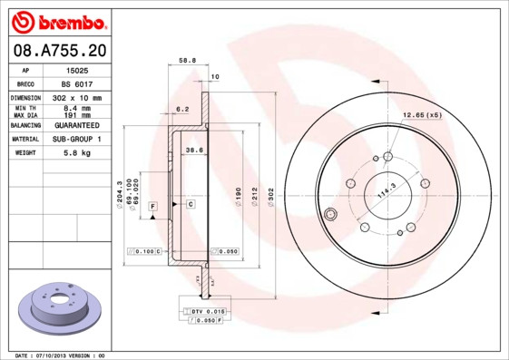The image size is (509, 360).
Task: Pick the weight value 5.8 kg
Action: coord(79,153)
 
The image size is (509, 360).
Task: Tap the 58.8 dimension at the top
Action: coord(187,62)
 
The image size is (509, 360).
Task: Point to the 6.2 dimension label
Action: coord(181,108)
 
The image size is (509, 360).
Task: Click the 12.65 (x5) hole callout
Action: coord(421,115)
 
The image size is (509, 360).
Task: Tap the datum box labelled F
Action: coord(153,207)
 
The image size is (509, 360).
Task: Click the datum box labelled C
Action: coord(191,205)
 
